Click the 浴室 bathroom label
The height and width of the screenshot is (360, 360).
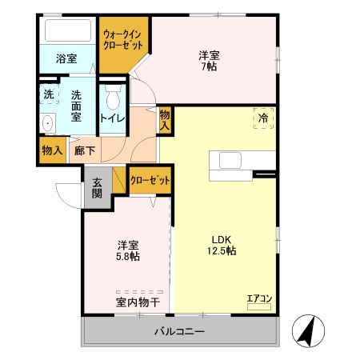(66, 58)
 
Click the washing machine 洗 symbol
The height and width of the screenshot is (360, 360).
(48, 93)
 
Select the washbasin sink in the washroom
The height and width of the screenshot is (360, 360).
(46, 123)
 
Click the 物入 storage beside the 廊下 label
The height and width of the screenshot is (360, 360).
(53, 149)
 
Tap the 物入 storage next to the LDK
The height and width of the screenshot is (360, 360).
(165, 121)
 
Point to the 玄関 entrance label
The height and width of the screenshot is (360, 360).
(96, 187)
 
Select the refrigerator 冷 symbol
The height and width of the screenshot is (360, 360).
(263, 117)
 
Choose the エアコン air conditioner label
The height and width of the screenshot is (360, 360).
(259, 299)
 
